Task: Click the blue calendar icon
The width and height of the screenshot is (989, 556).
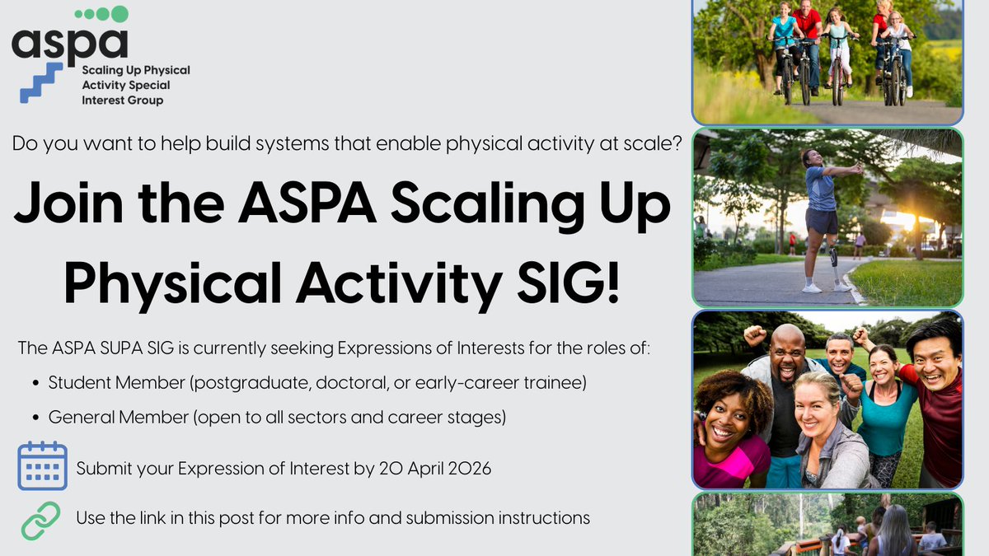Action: click(x=42, y=466)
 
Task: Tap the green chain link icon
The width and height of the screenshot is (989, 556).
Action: click(x=40, y=521)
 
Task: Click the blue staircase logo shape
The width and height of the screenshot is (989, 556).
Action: click(x=41, y=82)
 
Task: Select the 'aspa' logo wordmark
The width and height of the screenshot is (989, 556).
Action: click(x=70, y=43)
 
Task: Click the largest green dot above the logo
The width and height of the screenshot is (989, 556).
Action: click(x=120, y=14)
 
